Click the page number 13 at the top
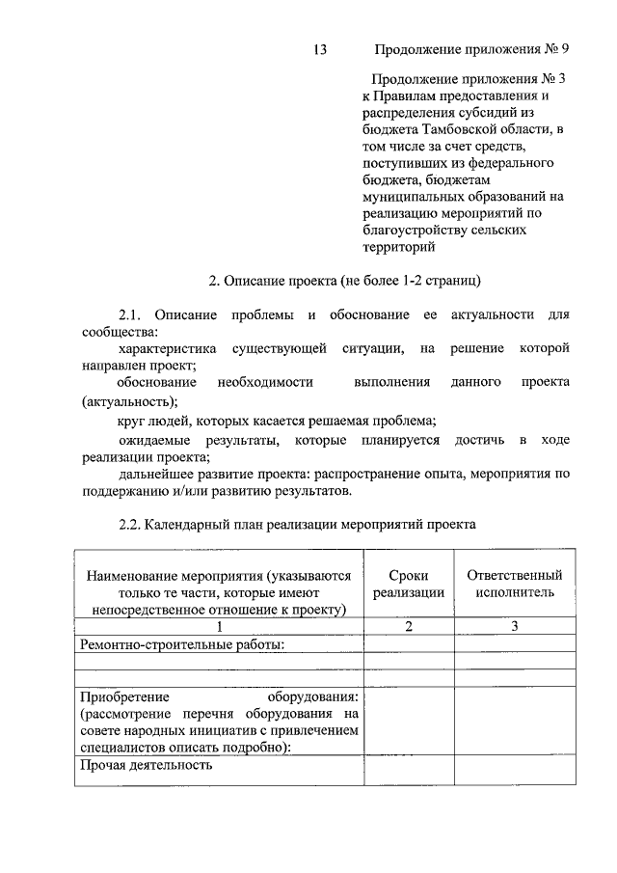322,49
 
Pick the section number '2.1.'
130,314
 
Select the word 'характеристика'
166,348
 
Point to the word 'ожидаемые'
156,440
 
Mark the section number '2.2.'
130,526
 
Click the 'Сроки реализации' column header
409,584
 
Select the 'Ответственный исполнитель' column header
514,584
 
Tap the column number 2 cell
409,626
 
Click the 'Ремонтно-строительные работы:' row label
182,644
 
